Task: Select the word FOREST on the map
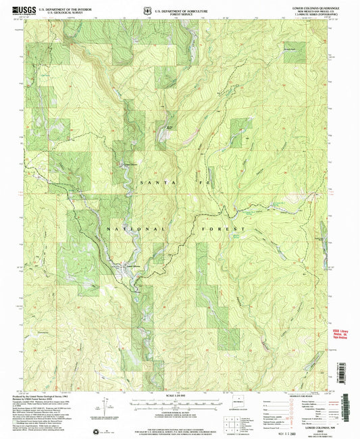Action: (x=223, y=230)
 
